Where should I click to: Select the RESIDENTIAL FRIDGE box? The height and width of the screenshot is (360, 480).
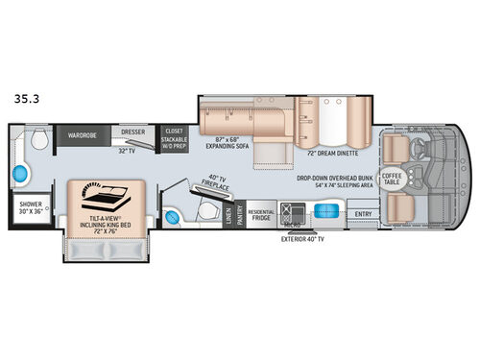[261, 215]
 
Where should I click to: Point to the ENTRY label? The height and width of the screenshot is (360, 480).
[363, 214]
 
